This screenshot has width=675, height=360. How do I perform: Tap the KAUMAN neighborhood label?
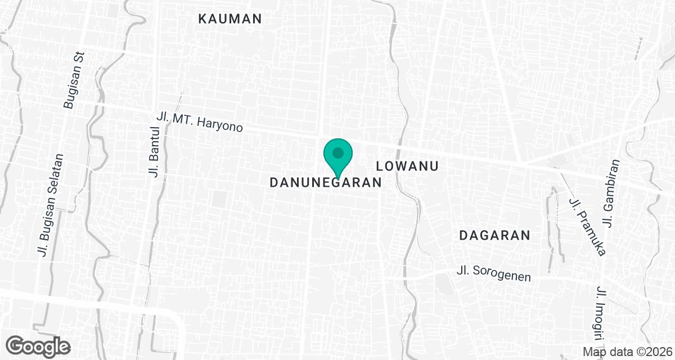(230, 19)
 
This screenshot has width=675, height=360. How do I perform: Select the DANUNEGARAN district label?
(326, 183)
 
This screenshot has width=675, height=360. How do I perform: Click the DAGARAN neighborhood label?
(495, 235)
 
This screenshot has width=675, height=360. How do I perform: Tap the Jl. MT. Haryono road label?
(200, 121)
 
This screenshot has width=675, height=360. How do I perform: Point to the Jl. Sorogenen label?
(494, 274)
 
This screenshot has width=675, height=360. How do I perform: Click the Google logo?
(39, 345)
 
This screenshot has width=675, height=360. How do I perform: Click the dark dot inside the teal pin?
(337, 152)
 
